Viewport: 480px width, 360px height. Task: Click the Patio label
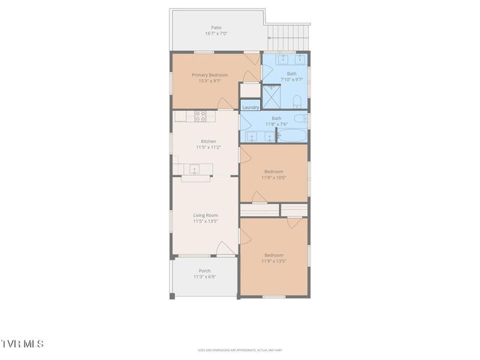216,28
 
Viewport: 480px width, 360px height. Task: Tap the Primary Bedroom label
209,75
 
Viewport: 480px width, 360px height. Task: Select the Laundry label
250,107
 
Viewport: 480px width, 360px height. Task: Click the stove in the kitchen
200,116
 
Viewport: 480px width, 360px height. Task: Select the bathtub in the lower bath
292,136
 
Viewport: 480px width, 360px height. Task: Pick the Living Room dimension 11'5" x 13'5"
205,221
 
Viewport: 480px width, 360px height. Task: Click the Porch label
204,271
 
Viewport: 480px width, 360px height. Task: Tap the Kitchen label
208,141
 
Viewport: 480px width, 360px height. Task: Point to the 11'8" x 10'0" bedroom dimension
274,177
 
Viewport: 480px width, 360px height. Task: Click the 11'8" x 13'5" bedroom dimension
274,260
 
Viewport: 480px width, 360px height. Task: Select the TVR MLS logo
22,343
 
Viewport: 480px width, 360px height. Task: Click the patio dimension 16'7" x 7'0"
216,34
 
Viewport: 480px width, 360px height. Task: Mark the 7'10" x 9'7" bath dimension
291,79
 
